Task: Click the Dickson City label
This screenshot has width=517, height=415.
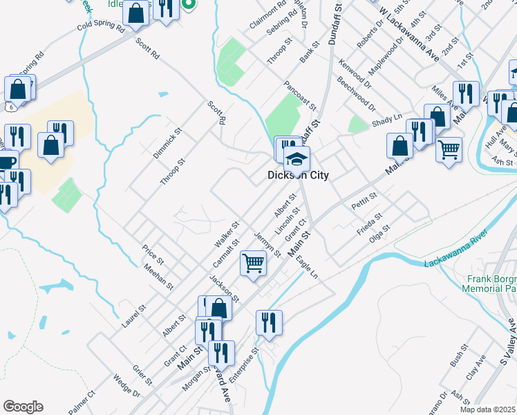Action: [x=298, y=176]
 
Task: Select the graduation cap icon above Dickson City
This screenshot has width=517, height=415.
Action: [x=297, y=159]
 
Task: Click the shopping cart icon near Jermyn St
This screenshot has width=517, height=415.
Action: [x=254, y=263]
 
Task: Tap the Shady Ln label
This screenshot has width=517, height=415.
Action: [x=388, y=120]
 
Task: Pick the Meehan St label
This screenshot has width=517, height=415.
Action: [x=158, y=278]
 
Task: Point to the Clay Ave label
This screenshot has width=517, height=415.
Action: [x=471, y=374]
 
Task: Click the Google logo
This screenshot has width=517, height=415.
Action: [x=23, y=407]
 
